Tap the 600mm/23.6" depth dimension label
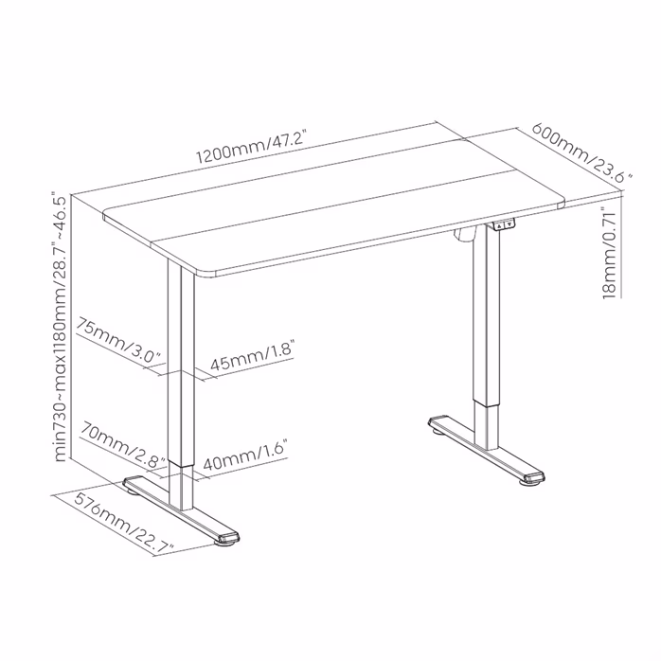coord(582,152)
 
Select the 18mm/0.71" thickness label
coord(610,254)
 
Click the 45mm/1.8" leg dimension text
coord(252,356)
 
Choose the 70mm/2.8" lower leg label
coord(122,444)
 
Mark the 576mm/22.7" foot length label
coord(123,522)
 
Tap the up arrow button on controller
coord(499,225)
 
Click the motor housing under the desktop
coord(465,235)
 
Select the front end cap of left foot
coord(227,538)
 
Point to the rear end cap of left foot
coord(133,481)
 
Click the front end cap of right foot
coord(534,477)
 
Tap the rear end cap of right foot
coord(438,421)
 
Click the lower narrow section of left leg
coord(182,485)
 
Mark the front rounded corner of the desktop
coord(205,272)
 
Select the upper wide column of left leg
coord(181,364)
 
